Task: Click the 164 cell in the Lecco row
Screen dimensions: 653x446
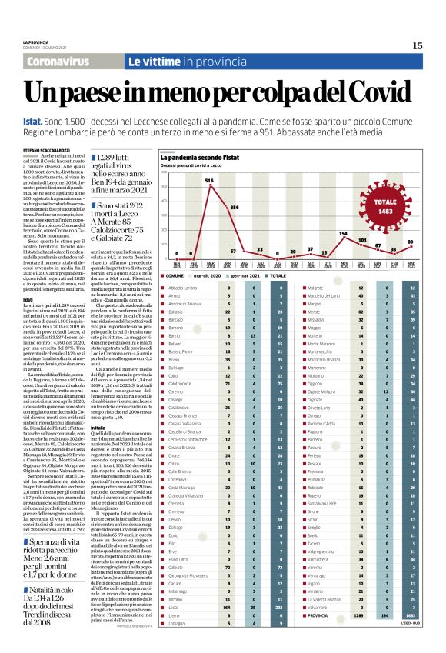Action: [226, 628]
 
